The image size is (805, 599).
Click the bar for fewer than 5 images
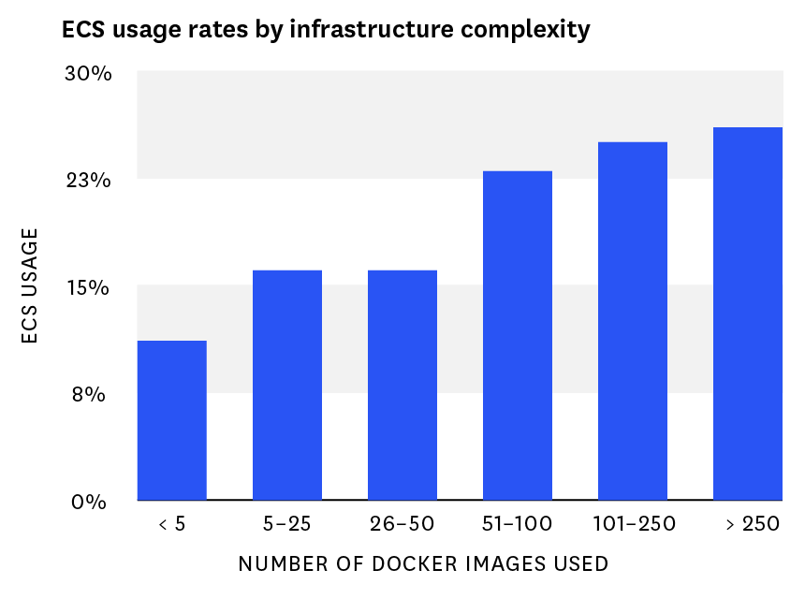click(172, 420)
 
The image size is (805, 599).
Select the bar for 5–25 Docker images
click(287, 385)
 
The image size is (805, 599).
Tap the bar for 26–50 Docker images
click(402, 385)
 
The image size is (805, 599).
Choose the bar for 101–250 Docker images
click(633, 321)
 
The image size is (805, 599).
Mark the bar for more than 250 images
click(748, 314)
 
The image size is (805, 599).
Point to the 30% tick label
click(89, 73)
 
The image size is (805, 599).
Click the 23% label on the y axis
click(89, 180)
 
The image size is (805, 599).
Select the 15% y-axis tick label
click(89, 287)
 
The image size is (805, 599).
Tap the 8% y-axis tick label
click(92, 394)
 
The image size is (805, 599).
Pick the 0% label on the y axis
click(92, 502)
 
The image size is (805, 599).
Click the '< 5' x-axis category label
click(172, 524)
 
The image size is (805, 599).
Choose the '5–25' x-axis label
click(287, 524)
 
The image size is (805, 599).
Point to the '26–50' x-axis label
click(402, 524)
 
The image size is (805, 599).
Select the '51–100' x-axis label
click(518, 524)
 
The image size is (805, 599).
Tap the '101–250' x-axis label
click(634, 524)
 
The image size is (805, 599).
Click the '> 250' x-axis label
click(748, 524)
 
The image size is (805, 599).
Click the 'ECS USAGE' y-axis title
click(31, 285)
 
